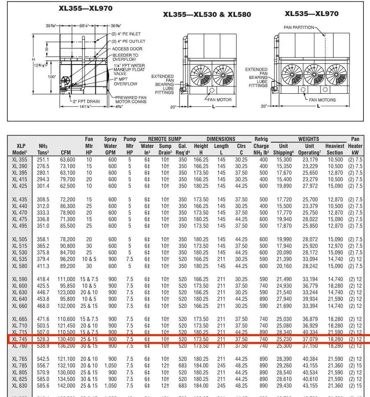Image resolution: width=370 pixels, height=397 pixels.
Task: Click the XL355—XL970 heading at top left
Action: pyautogui.click(x=85, y=8)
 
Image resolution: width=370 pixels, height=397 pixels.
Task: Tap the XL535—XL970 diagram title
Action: pyautogui.click(x=312, y=14)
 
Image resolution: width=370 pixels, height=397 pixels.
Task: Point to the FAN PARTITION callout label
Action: pyautogui.click(x=299, y=28)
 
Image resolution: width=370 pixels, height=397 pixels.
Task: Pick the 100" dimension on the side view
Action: pyautogui.click(x=51, y=77)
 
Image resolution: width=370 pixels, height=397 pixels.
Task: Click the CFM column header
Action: pyautogui.click(x=66, y=152)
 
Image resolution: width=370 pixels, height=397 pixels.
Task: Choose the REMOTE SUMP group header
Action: pyautogui.click(x=164, y=139)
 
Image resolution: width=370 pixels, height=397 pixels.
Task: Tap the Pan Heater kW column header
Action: pyautogui.click(x=355, y=146)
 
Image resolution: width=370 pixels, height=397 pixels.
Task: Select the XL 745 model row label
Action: pyautogui.click(x=20, y=339)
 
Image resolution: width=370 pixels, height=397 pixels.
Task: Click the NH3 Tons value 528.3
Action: pyautogui.click(x=43, y=339)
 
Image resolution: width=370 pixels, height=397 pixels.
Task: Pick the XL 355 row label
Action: pyautogui.click(x=20, y=159)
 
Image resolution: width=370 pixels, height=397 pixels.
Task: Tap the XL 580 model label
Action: pyautogui.click(x=20, y=266)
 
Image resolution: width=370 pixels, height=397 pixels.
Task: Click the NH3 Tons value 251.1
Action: pyautogui.click(x=43, y=159)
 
